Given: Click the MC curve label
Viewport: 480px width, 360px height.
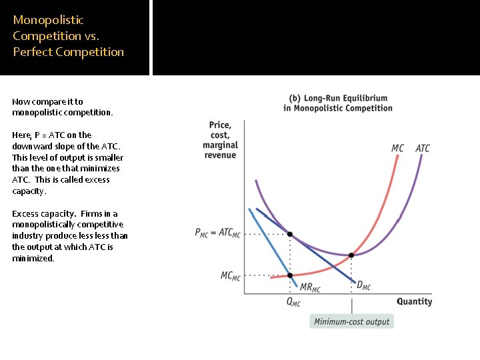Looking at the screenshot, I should [397, 148].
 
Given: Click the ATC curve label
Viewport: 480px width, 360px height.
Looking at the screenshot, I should [423, 148].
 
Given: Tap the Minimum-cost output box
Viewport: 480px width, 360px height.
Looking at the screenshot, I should [352, 321].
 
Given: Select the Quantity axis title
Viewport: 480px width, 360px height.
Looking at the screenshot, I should [414, 301].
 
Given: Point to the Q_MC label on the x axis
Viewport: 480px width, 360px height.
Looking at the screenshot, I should [293, 302].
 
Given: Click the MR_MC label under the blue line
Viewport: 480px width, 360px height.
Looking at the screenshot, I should [311, 287].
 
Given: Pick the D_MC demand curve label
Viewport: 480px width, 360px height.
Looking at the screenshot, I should [363, 286].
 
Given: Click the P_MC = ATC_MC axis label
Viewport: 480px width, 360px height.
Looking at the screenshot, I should [217, 233].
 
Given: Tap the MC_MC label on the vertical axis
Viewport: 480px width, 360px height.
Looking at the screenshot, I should [231, 275].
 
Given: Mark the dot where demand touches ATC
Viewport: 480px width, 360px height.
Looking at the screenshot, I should [289, 234].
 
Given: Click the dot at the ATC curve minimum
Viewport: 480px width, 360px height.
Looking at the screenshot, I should [352, 255].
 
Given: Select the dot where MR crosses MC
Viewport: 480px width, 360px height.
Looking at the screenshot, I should [289, 275].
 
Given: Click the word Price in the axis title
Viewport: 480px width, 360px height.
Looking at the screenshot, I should [220, 125].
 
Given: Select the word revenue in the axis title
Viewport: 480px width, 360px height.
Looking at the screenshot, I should [220, 155].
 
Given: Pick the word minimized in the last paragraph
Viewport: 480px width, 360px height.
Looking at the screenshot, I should [32, 258].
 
